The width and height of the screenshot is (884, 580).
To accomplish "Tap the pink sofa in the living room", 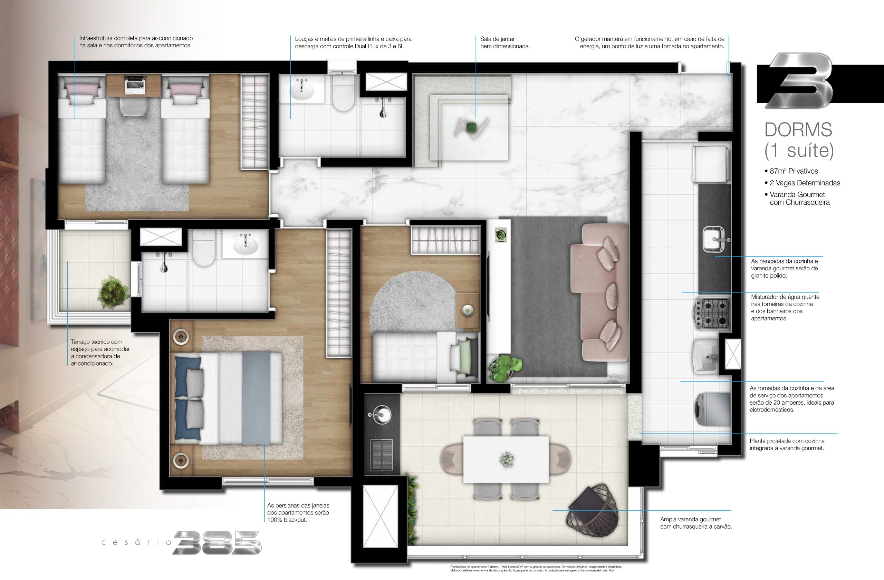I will click(602, 293).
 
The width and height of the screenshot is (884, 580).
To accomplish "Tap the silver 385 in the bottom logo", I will click(217, 542).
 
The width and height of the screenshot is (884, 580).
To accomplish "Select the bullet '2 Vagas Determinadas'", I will click(805, 183).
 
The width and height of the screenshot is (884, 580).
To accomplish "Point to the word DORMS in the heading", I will click(797, 130).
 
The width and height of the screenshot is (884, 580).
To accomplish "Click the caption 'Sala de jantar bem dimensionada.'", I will click(505, 43).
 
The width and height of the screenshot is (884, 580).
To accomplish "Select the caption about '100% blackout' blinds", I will click(298, 512).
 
